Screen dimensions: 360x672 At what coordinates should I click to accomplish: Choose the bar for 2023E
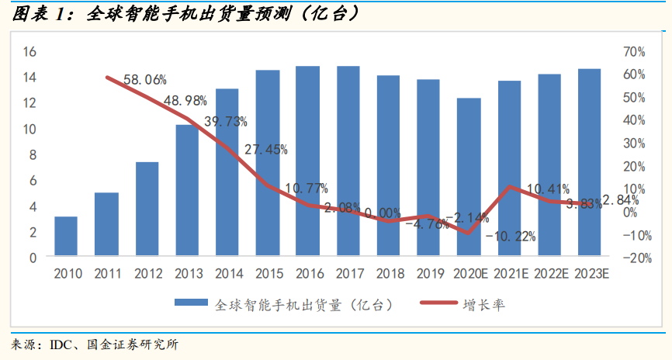[589, 162]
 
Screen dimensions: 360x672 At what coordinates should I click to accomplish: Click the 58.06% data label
[145, 79]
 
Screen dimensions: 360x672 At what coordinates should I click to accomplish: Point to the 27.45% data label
[265, 149]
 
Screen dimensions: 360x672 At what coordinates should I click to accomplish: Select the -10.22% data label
[511, 237]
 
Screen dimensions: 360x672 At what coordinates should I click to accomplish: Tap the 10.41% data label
[548, 189]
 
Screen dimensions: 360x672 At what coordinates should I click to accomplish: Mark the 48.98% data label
[185, 100]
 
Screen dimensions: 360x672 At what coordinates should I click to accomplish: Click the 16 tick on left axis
[30, 52]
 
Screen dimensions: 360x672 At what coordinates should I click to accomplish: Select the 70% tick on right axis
[634, 52]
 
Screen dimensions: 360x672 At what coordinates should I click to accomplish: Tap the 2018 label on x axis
[388, 273]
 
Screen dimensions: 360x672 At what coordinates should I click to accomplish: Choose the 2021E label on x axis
[509, 273]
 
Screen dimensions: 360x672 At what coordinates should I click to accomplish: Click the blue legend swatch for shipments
[191, 304]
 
